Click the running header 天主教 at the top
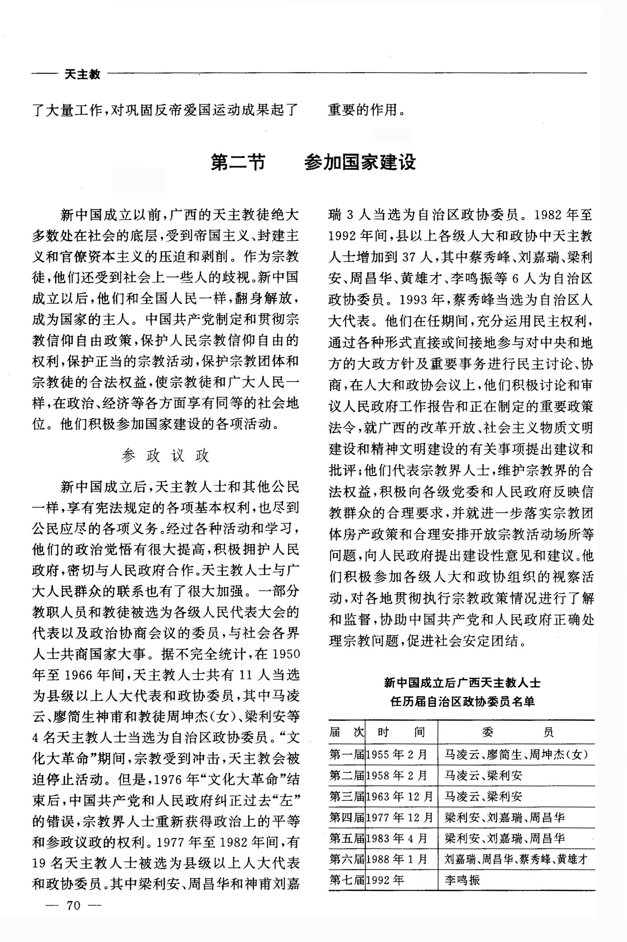(x=83, y=74)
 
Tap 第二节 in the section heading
(x=238, y=162)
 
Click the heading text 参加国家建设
(x=360, y=162)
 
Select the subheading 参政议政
(x=166, y=456)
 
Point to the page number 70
(x=73, y=906)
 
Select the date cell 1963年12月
(x=400, y=796)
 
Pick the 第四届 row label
(x=347, y=817)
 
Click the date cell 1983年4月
(x=397, y=838)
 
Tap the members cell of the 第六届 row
(x=516, y=859)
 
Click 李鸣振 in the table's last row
(x=462, y=880)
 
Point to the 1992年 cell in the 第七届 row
(x=385, y=880)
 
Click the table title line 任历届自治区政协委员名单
(x=462, y=701)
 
